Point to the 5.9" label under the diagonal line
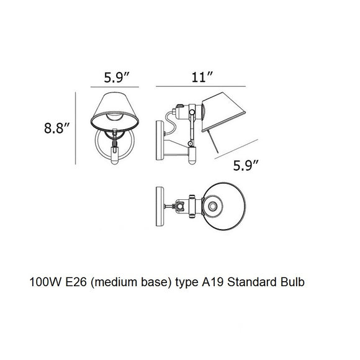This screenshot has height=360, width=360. tap(246, 166)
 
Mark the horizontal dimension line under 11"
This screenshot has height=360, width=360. tap(201, 88)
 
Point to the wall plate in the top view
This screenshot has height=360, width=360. tap(158, 204)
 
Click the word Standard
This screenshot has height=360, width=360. tap(248, 282)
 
